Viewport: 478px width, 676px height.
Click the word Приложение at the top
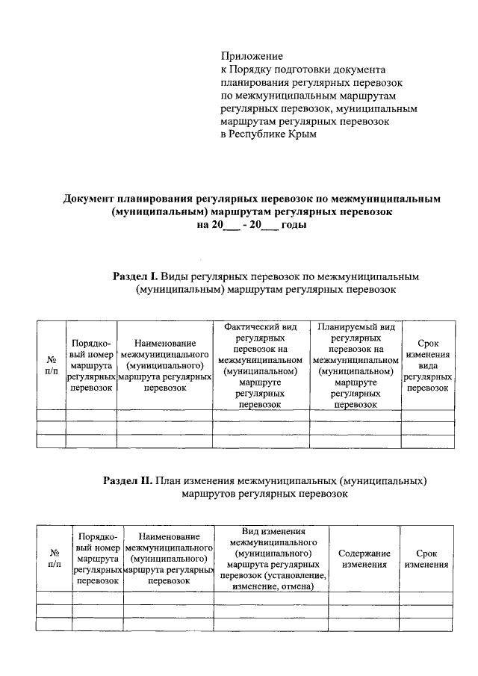coord(252,57)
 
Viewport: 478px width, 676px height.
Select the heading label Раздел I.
coord(135,276)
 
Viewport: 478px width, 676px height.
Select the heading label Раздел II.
coord(128,480)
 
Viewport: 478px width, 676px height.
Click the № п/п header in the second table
coord(54,559)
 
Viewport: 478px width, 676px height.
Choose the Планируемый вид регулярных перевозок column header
coord(356,365)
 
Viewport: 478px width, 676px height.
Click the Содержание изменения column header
coord(364,559)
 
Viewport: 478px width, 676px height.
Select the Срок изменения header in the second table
coord(426,559)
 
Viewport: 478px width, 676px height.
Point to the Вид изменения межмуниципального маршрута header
coord(272,558)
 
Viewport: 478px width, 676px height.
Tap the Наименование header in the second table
coord(168,558)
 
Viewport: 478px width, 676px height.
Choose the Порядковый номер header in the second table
coord(97,558)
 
